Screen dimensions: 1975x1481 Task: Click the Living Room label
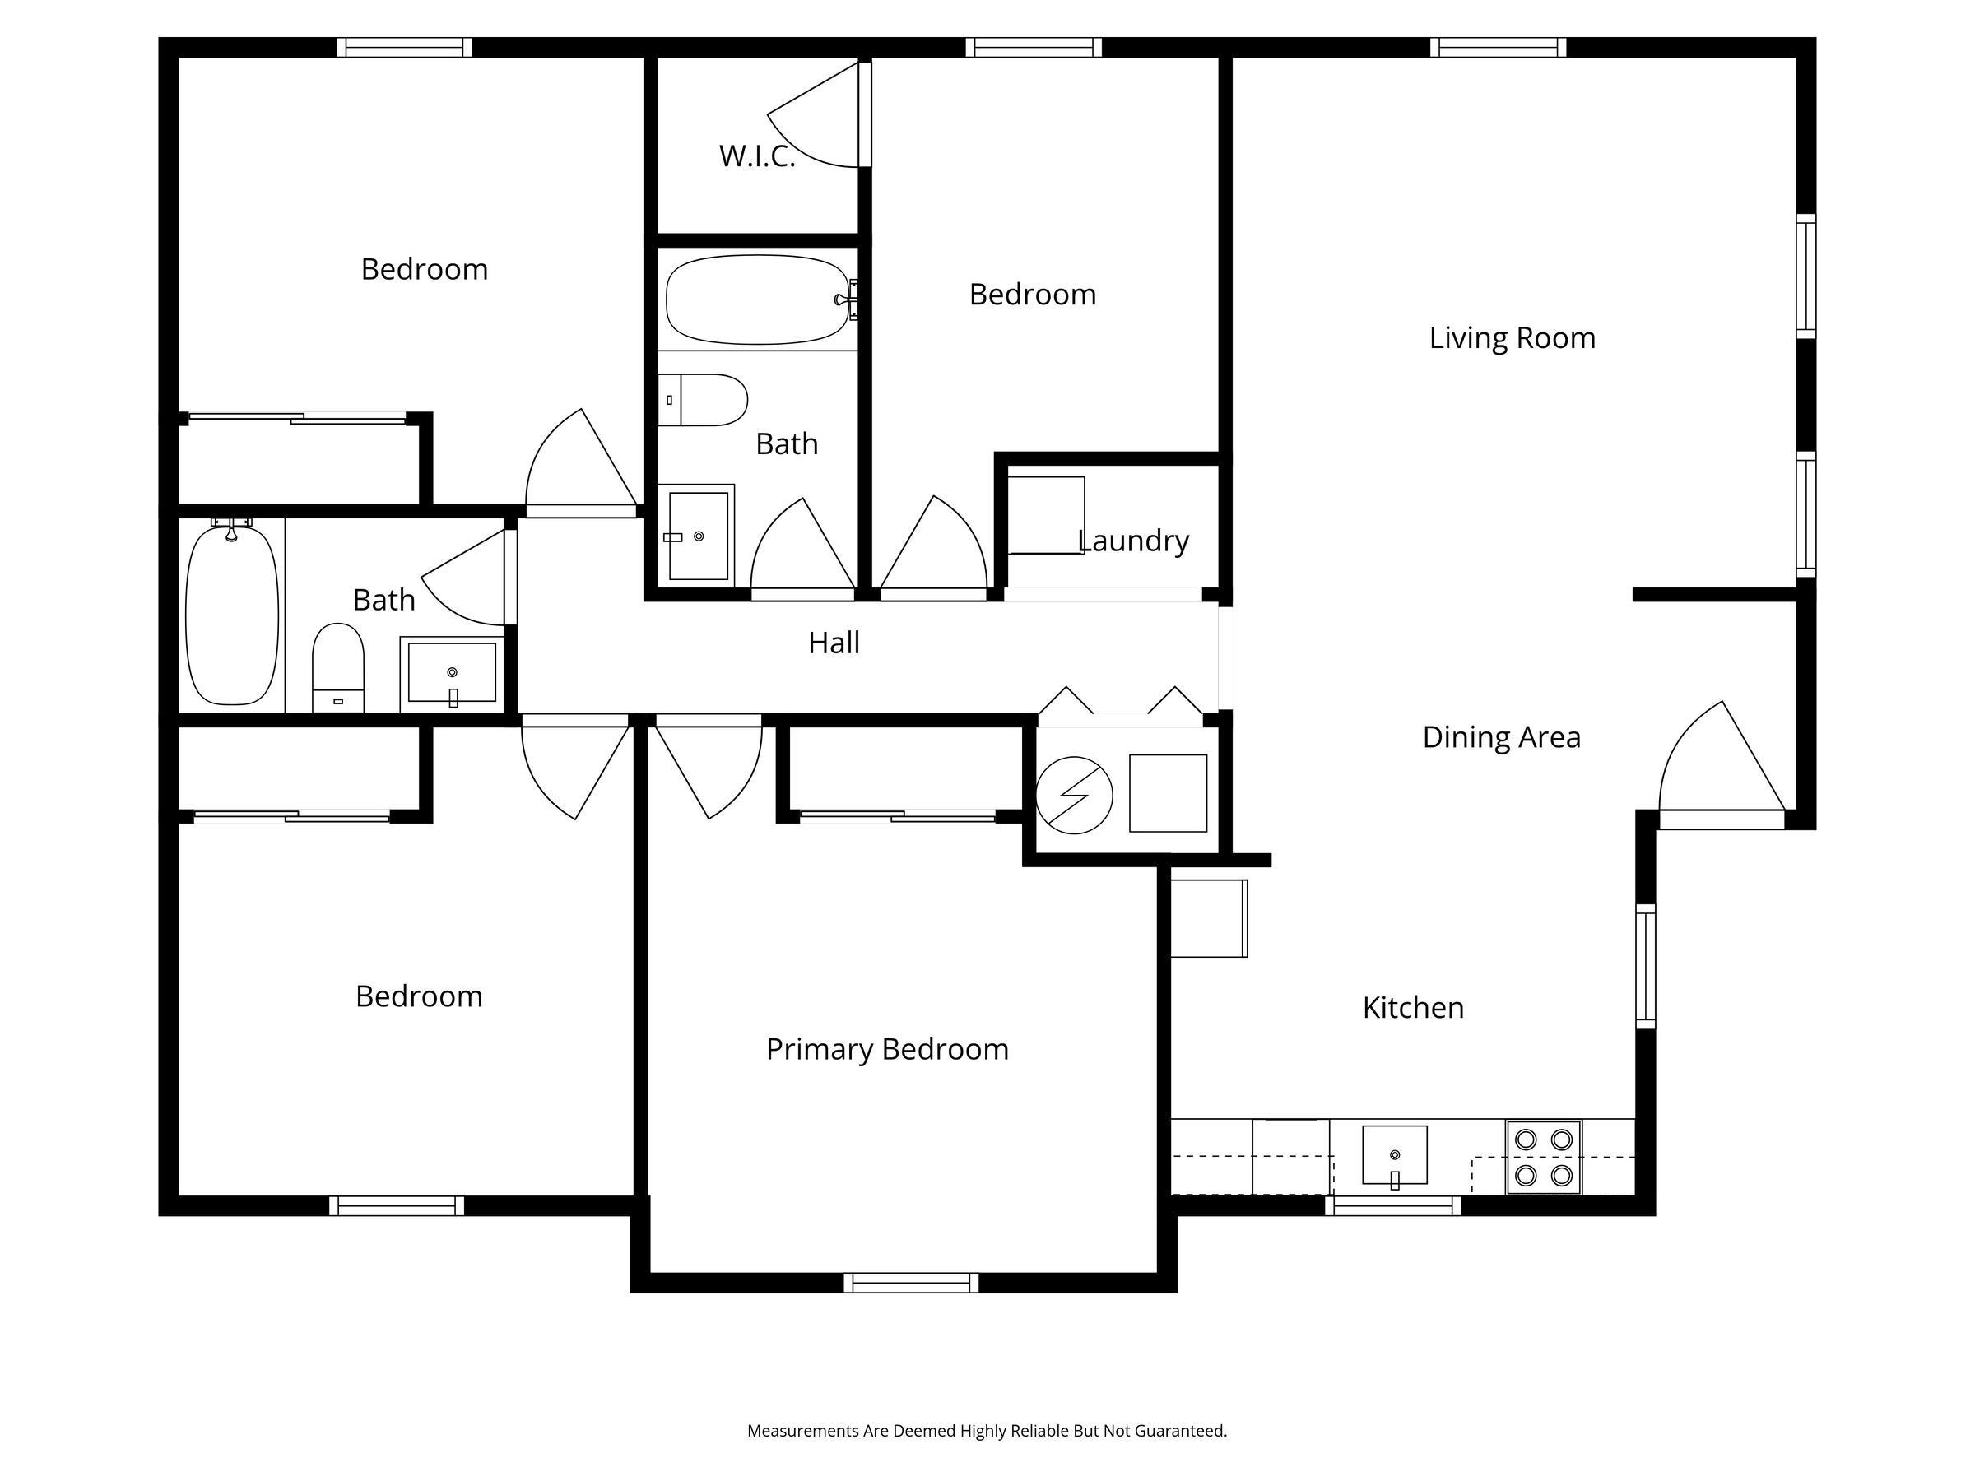coord(1512,337)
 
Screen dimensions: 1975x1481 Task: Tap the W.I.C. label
coord(757,156)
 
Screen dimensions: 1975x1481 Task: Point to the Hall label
coord(834,643)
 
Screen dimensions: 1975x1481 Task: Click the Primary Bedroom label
coord(887,1049)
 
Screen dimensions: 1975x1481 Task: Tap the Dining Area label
coord(1502,737)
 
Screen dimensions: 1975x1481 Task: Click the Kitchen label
coord(1414,1008)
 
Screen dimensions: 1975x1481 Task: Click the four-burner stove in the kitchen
coord(1544,1157)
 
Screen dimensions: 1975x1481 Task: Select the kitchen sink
coord(1395,1156)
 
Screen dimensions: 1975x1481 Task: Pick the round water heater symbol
coord(1074,796)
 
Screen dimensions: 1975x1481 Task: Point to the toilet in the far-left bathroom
coord(338,668)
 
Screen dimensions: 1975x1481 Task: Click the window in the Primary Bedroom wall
coord(912,1283)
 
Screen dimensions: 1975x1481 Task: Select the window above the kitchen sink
coord(1393,1206)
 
